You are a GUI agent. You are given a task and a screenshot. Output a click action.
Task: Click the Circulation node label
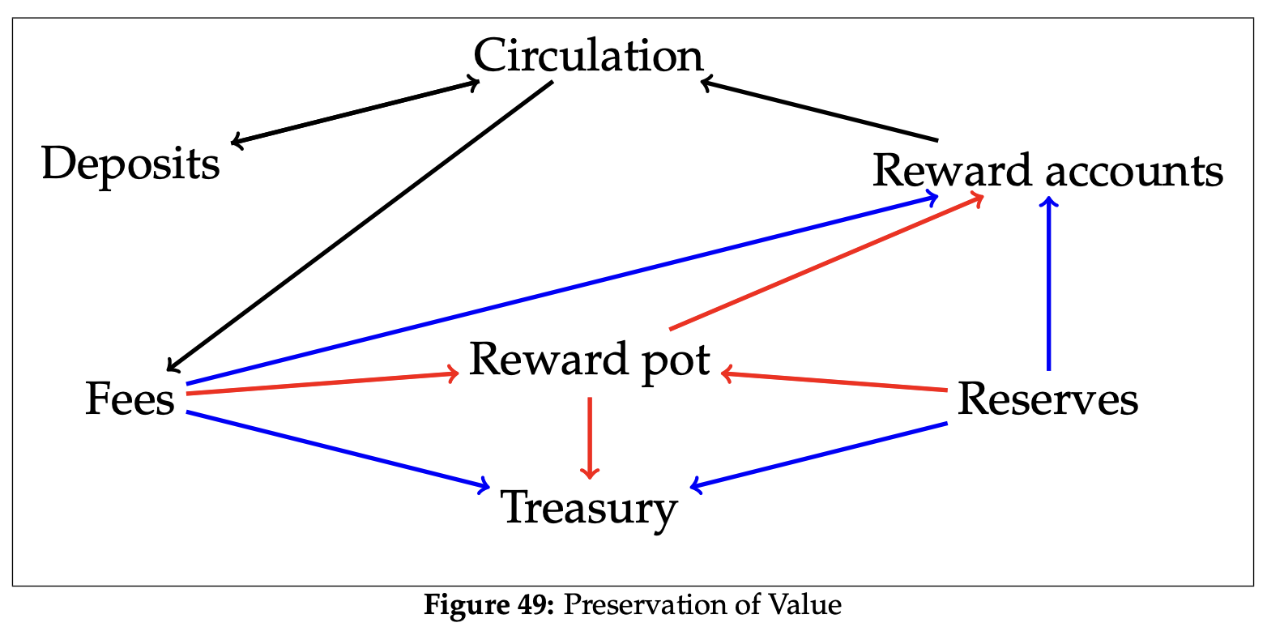pyautogui.click(x=588, y=57)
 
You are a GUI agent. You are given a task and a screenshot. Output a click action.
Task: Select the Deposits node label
pyautogui.click(x=130, y=164)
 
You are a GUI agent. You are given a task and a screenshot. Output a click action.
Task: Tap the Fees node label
pyautogui.click(x=130, y=400)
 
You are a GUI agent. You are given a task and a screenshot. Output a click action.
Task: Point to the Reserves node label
pyautogui.click(x=1047, y=400)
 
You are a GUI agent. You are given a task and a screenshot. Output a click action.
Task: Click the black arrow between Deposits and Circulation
pyautogui.click(x=355, y=112)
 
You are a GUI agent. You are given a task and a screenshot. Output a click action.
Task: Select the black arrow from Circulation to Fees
pyautogui.click(x=360, y=225)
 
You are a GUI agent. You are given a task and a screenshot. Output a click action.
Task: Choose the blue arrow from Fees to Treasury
pyautogui.click(x=337, y=450)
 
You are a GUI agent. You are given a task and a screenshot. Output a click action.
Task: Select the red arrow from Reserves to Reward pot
pyautogui.click(x=834, y=382)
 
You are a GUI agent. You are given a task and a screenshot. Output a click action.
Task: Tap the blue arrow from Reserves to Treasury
pyautogui.click(x=818, y=454)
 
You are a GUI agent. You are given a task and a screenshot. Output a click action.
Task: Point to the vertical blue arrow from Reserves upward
pyautogui.click(x=1049, y=284)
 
